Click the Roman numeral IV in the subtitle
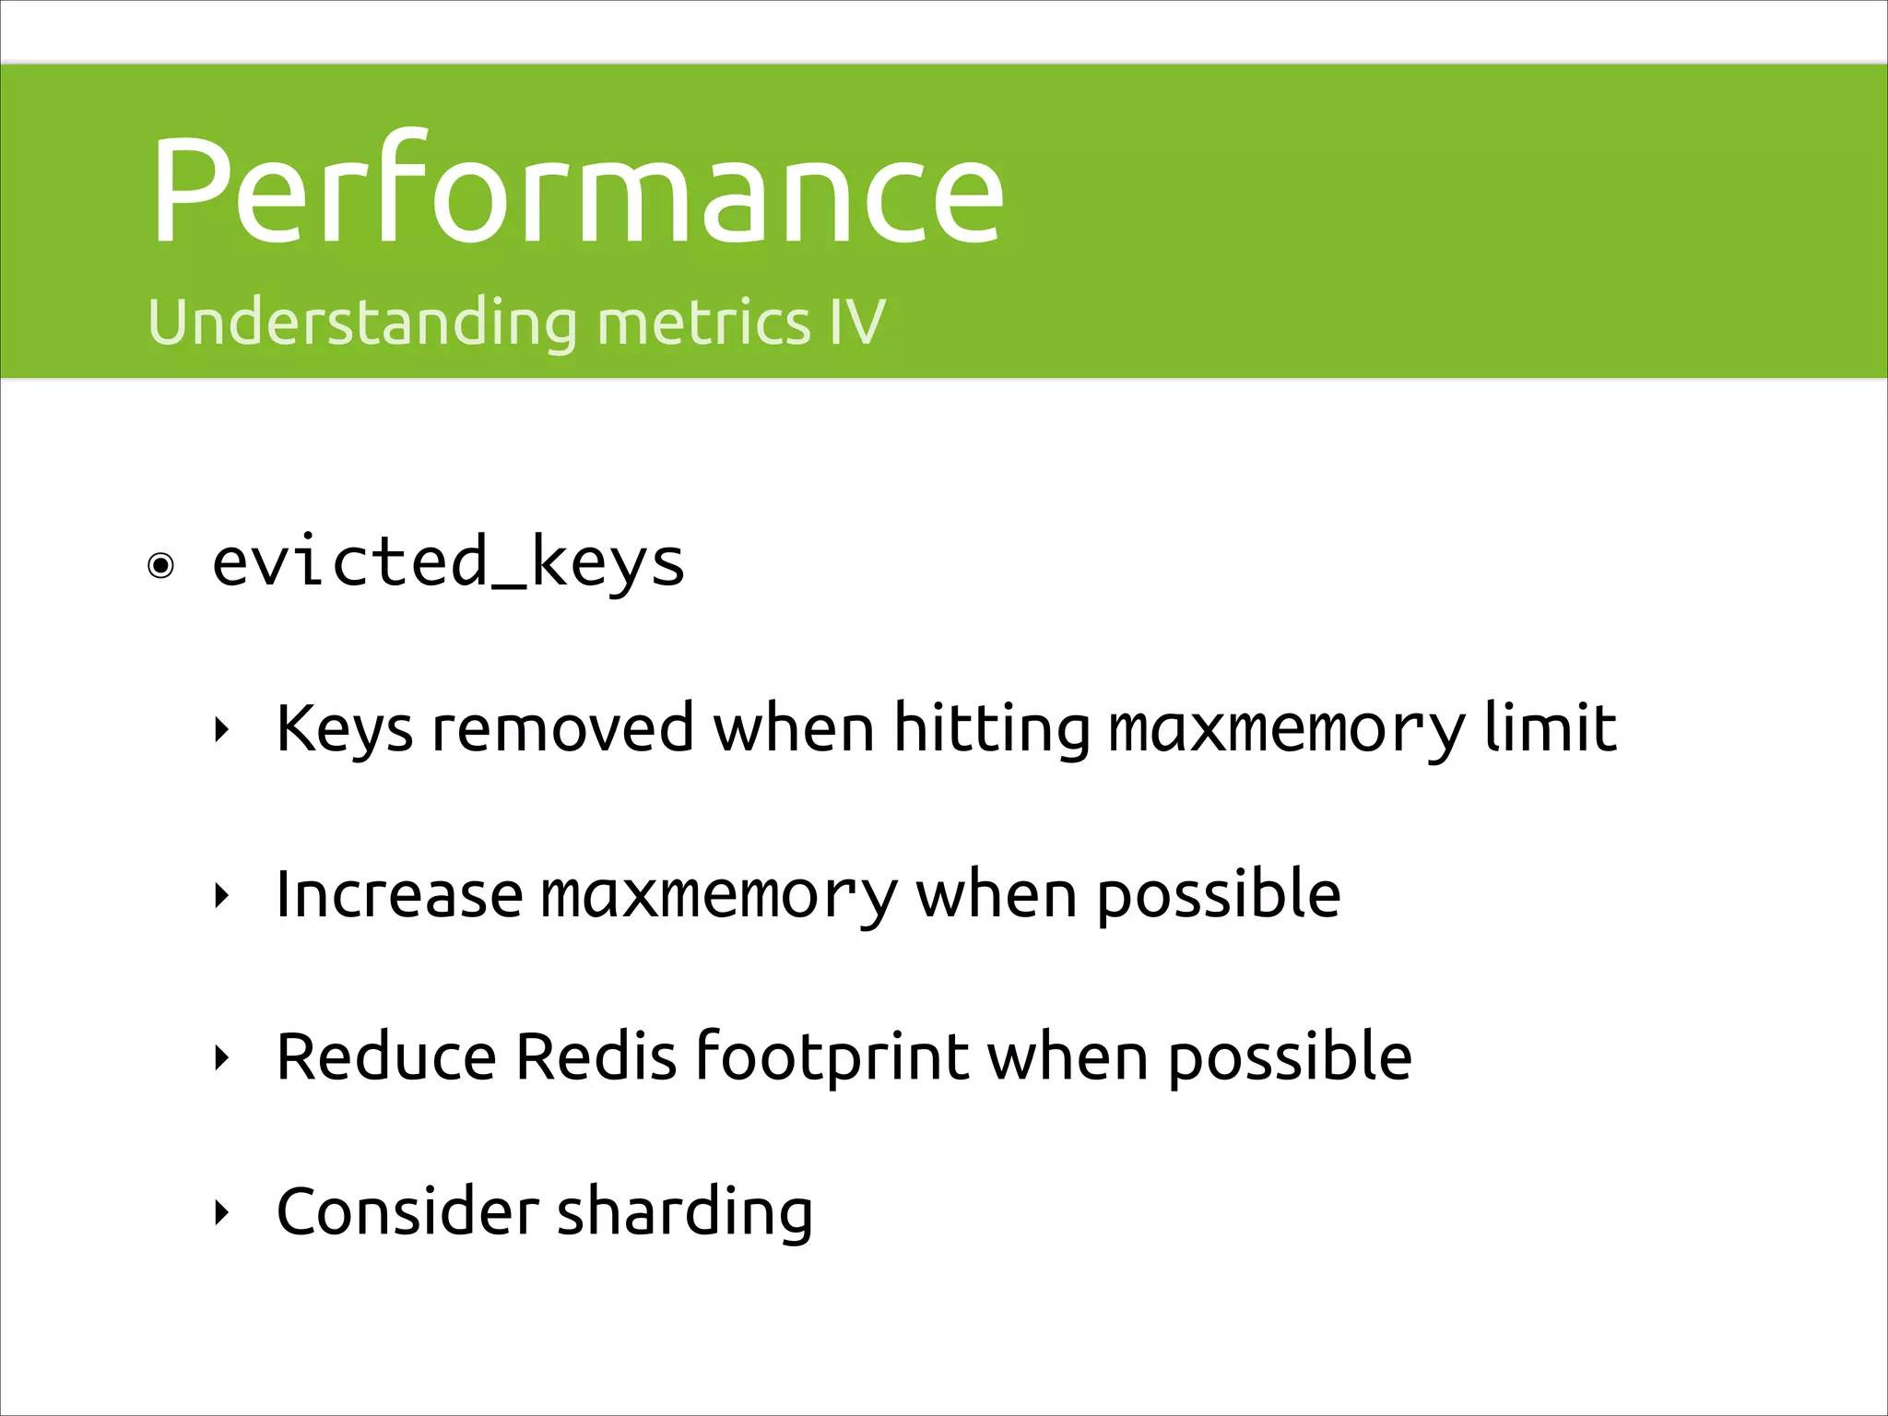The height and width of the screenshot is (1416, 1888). click(856, 323)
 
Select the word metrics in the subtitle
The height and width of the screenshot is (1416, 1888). click(704, 323)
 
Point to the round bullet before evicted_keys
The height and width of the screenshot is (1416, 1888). click(161, 565)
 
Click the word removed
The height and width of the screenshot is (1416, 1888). click(562, 728)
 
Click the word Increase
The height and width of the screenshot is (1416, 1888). click(399, 894)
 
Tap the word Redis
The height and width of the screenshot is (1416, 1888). click(596, 1056)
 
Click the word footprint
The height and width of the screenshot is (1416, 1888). click(832, 1056)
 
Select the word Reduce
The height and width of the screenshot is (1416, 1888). click(386, 1056)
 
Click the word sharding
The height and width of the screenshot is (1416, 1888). click(684, 1212)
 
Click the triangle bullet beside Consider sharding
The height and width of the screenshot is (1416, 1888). click(220, 1212)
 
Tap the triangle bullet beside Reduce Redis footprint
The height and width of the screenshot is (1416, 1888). click(220, 1057)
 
